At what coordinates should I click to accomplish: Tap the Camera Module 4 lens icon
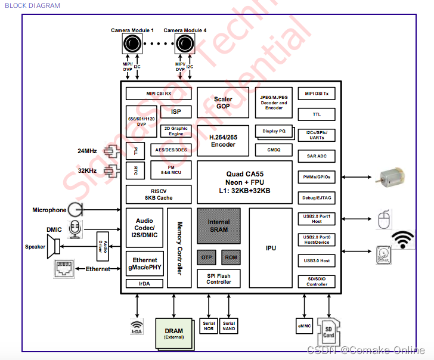coord(184,44)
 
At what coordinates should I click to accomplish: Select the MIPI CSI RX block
coord(159,94)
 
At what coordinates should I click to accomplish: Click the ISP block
coord(176,111)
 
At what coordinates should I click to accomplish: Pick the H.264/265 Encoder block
coord(223,141)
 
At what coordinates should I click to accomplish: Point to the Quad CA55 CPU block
coord(244,182)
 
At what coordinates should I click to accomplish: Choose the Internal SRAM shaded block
coord(219,225)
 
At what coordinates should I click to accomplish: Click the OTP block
coord(206,257)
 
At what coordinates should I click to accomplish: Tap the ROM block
coord(230,257)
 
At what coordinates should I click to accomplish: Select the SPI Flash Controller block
coord(219,278)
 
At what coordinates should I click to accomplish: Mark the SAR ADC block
coord(316,156)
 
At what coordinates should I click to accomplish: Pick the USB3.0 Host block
coord(316,260)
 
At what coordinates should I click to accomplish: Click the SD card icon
coord(328,329)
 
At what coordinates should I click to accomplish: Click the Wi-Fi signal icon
coord(404,239)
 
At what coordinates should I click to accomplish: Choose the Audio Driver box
coord(102,245)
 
